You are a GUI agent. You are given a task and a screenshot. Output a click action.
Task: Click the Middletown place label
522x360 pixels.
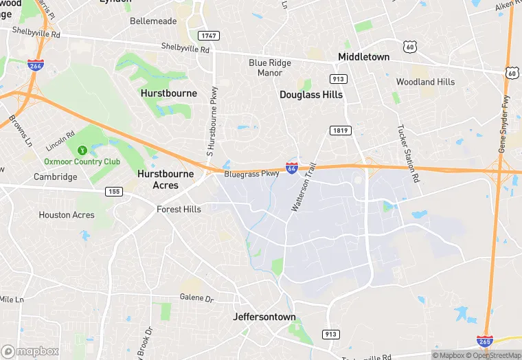click(363, 57)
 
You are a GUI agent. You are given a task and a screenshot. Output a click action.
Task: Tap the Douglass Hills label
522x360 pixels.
click(310, 95)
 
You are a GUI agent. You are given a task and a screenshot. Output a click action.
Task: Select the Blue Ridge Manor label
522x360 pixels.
click(269, 67)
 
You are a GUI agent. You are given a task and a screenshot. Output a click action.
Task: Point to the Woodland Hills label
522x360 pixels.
click(425, 82)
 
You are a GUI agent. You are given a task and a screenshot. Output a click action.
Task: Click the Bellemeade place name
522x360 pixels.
click(153, 21)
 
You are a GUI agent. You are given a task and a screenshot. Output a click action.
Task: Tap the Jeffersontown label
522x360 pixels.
click(264, 317)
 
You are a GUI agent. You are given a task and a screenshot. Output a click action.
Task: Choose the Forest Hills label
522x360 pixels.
click(179, 209)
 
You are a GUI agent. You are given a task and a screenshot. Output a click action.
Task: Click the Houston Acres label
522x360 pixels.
click(67, 215)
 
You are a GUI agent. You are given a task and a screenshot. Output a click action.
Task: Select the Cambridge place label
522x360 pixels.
click(56, 177)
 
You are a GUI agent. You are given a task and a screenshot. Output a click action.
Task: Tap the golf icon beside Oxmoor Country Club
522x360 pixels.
click(82, 150)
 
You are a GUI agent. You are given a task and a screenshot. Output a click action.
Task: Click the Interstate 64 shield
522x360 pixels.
click(292, 168)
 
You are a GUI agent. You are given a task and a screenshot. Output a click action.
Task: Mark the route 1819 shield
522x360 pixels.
click(340, 131)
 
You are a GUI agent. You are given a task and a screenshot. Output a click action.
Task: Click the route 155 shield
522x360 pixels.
click(114, 191)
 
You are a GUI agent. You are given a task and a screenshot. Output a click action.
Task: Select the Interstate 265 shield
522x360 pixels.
click(484, 341)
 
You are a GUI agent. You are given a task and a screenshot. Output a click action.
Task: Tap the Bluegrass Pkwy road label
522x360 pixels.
click(251, 175)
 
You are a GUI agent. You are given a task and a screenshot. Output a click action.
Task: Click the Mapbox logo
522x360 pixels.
click(30, 351)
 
